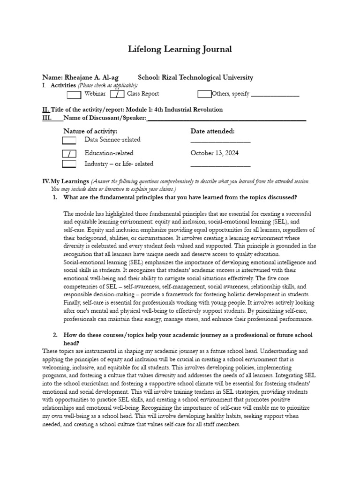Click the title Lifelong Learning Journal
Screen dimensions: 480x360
point(180,49)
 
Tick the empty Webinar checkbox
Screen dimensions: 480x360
point(74,94)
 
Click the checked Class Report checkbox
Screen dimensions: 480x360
point(117,94)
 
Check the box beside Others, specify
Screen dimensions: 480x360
point(204,94)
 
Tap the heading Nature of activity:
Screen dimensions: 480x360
point(90,131)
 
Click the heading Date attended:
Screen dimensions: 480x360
point(213,131)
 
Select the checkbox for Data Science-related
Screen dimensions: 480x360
point(69,140)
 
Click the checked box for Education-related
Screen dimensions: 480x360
point(69,153)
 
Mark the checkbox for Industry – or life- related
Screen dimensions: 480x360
point(69,164)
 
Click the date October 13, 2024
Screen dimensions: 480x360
point(214,153)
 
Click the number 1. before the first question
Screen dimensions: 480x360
point(55,197)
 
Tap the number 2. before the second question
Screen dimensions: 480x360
point(55,335)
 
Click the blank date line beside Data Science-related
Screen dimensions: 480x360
point(220,141)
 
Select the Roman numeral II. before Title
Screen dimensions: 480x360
point(46,110)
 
